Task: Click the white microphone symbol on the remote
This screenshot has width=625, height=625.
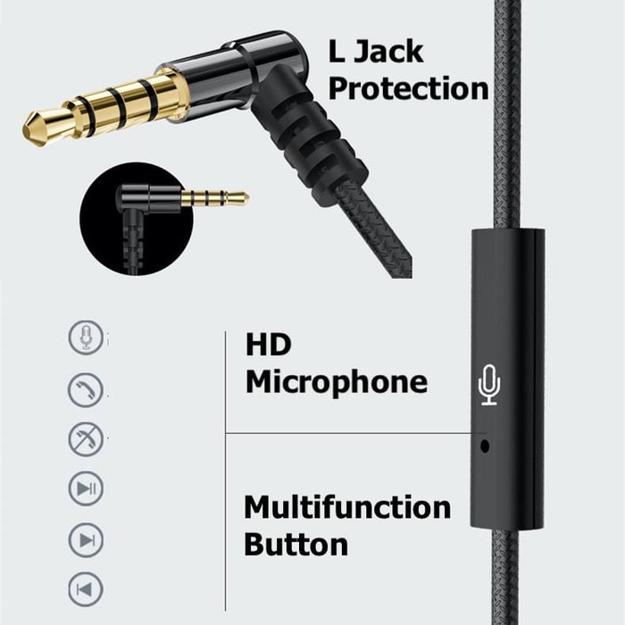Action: [x=489, y=386]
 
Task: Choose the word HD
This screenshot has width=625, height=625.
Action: [x=269, y=346]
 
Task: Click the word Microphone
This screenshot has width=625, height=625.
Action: [x=337, y=383]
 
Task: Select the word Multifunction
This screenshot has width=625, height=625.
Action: [x=347, y=508]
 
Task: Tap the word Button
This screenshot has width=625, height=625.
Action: [x=296, y=545]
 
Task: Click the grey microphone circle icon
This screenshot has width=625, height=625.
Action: [x=86, y=338]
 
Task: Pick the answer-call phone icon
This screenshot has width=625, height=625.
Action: [x=86, y=389]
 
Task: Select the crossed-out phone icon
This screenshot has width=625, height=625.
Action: [x=86, y=439]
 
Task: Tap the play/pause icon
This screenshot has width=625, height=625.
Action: [x=86, y=488]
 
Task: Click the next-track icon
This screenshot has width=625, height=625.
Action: [x=86, y=539]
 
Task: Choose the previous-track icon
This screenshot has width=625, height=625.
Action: [x=86, y=589]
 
